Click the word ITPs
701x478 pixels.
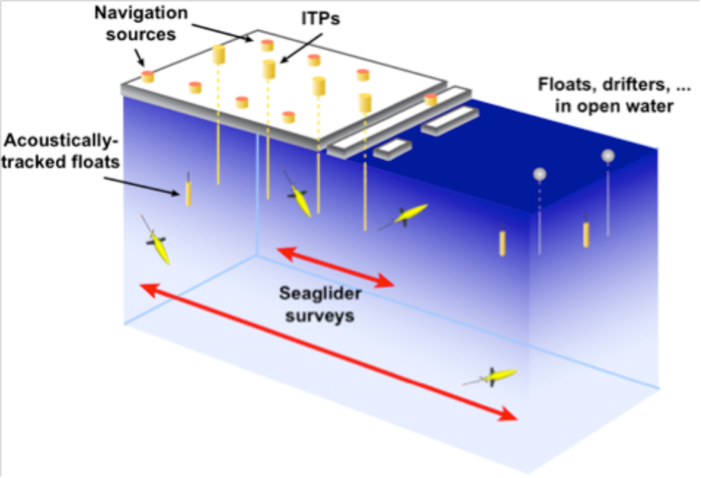[320, 18]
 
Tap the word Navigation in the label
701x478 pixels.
[141, 13]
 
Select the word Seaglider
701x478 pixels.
[320, 294]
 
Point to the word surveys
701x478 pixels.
[320, 315]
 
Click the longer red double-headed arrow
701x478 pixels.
[329, 352]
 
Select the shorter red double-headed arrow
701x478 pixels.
[336, 267]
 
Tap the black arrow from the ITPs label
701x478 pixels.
[302, 49]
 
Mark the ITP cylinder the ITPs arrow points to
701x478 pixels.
[268, 69]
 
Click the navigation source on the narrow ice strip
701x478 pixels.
[430, 99]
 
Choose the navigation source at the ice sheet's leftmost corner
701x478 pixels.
[148, 77]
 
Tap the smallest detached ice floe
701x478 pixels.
[392, 149]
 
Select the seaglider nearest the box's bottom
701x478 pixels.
[490, 377]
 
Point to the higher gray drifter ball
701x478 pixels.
[607, 156]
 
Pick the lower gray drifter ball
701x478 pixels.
[540, 174]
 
